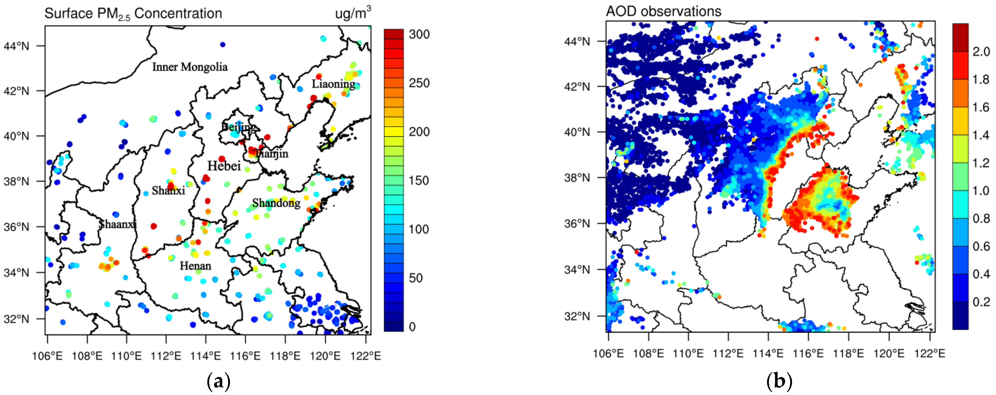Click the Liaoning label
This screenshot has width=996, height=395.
point(333,84)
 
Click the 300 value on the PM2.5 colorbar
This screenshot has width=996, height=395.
point(419,34)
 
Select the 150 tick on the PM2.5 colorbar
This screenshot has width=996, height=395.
point(419,180)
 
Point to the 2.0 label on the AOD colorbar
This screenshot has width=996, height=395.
point(981,51)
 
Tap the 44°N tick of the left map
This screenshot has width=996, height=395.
point(16,46)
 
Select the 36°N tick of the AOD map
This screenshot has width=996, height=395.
point(577,223)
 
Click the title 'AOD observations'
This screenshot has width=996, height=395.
point(663,11)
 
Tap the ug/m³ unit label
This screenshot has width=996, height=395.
point(352,13)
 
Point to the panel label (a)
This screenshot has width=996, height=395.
point(219,381)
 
